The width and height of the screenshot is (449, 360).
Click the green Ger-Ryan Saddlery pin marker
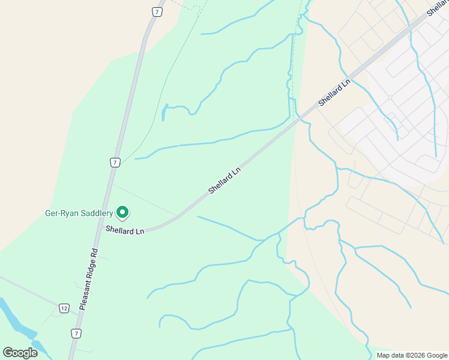click(122, 212)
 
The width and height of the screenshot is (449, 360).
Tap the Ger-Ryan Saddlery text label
click(79, 213)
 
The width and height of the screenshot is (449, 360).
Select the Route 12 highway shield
click(64, 308)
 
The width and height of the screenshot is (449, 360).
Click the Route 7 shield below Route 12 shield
click(75, 333)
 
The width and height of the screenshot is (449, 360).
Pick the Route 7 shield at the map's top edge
click(157, 11)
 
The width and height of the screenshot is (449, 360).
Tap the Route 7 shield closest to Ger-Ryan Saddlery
click(114, 162)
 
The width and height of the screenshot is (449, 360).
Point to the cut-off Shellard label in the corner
click(437, 7)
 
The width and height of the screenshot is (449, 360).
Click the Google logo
click(20, 353)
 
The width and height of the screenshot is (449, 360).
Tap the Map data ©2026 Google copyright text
click(411, 355)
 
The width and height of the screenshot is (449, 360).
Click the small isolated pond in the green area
click(164, 112)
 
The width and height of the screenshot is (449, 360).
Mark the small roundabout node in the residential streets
click(390, 97)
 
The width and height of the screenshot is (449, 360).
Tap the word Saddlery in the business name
click(97, 213)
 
